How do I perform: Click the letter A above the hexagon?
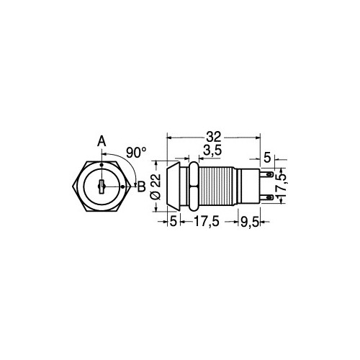tap(102, 141)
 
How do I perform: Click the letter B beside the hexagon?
tap(141, 186)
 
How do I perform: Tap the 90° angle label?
tap(136, 153)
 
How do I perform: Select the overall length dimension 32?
tap(214, 137)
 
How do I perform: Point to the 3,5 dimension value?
tap(212, 150)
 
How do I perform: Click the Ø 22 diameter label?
tap(156, 186)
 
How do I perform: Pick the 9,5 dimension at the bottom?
tap(249, 222)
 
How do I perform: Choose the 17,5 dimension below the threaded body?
tap(207, 221)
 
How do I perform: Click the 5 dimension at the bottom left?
tap(173, 222)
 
